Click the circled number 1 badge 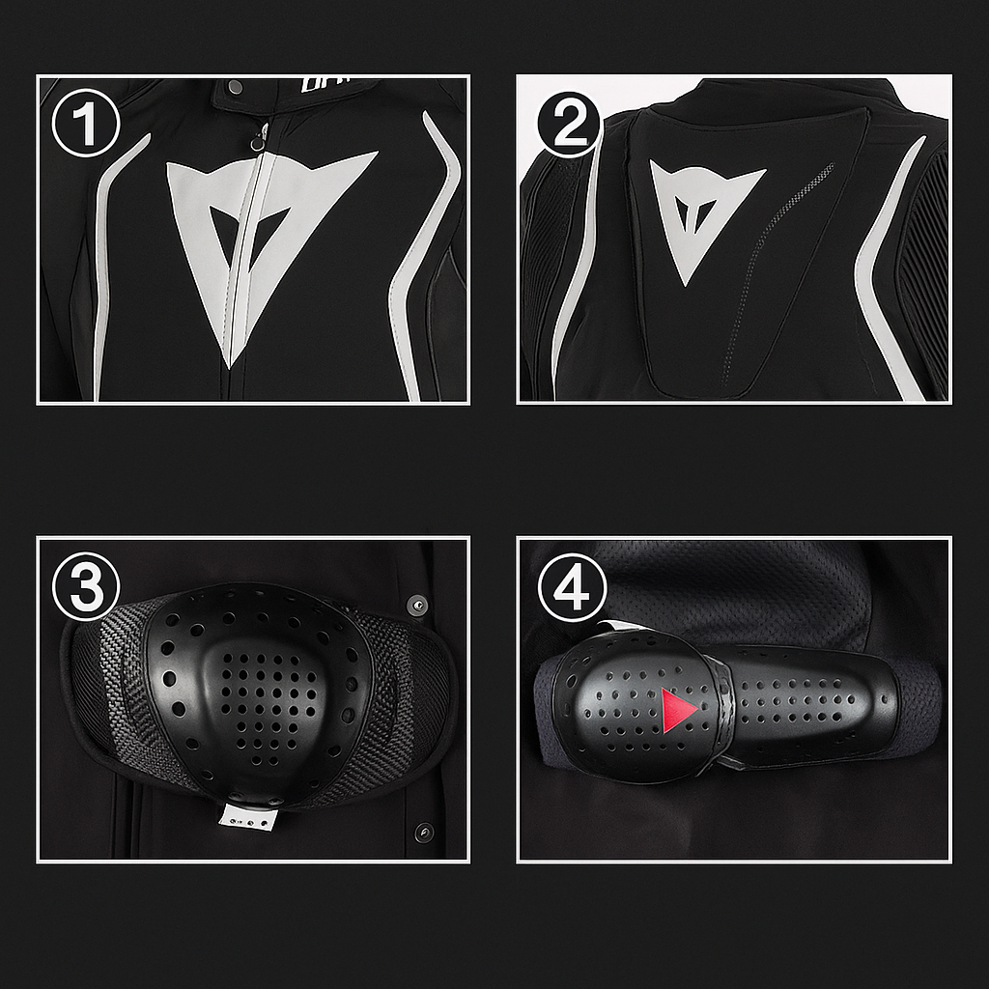85,126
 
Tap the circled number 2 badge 569,126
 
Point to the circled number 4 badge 571,587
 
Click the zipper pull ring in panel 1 257,142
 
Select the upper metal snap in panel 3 417,605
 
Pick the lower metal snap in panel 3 423,831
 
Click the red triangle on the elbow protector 678,710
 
